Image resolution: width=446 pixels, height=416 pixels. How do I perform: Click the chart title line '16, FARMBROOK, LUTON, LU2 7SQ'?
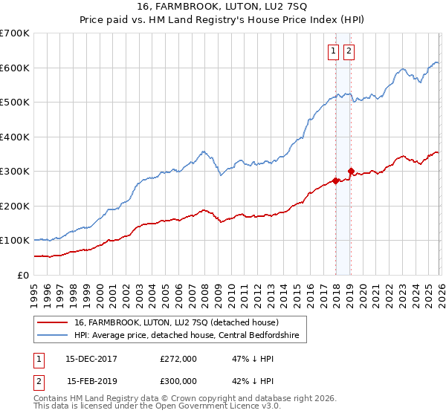tap(223, 8)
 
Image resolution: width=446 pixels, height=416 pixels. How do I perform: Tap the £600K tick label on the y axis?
tap(15, 68)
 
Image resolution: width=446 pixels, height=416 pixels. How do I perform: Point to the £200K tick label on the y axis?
tap(15, 206)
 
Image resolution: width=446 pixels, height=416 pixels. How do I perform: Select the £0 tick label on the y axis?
tap(22, 275)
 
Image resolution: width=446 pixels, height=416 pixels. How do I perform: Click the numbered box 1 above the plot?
tap(332, 51)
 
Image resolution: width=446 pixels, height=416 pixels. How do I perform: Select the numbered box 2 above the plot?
tap(349, 51)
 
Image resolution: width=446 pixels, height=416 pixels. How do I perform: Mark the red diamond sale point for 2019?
tap(351, 172)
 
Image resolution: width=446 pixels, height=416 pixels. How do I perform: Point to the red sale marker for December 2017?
tap(335, 181)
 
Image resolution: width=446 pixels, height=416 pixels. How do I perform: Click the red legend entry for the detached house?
tap(176, 322)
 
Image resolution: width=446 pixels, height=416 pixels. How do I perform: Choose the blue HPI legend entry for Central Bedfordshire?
tap(186, 336)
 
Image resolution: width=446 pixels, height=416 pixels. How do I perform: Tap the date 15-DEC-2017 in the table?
tap(92, 358)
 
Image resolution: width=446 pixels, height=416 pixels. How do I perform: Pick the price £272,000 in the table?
tap(178, 358)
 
